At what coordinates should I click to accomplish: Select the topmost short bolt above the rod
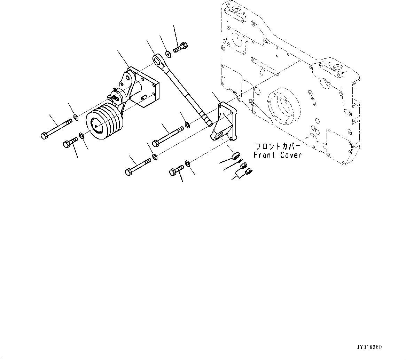click(181, 48)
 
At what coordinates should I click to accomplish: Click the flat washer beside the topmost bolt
click(168, 54)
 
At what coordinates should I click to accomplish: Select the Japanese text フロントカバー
click(278, 146)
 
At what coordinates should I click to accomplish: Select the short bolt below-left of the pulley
click(71, 143)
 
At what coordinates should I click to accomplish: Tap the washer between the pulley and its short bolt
click(81, 135)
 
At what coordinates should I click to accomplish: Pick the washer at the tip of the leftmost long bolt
click(76, 116)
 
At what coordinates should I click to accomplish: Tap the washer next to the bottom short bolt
click(187, 163)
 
